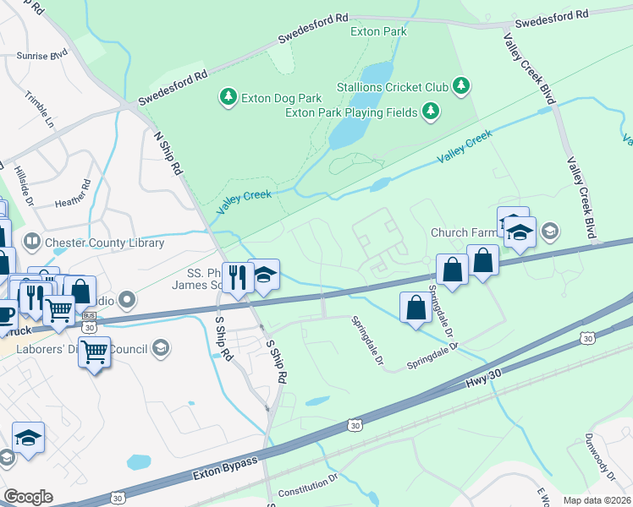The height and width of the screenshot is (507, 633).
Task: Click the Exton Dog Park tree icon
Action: click(x=228, y=97)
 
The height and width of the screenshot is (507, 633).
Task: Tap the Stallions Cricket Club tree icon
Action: click(x=460, y=85)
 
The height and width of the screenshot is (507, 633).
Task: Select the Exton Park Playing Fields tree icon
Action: click(x=431, y=111)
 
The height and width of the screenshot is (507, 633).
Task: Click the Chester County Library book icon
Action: click(x=31, y=243)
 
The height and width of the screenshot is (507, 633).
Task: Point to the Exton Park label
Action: click(x=378, y=32)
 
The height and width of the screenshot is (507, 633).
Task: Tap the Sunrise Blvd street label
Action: click(x=41, y=56)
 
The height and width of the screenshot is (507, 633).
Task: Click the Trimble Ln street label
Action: click(x=39, y=109)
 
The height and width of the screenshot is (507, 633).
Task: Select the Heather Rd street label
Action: click(x=72, y=195)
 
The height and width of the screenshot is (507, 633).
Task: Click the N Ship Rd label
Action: click(x=168, y=153)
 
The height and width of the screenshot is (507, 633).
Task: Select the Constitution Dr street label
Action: click(x=308, y=487)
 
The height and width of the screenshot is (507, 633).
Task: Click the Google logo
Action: click(x=28, y=496)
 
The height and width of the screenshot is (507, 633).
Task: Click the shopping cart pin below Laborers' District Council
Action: click(x=95, y=350)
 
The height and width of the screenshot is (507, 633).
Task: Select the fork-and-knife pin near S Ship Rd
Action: click(x=237, y=276)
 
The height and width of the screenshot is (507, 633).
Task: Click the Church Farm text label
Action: click(x=461, y=232)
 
